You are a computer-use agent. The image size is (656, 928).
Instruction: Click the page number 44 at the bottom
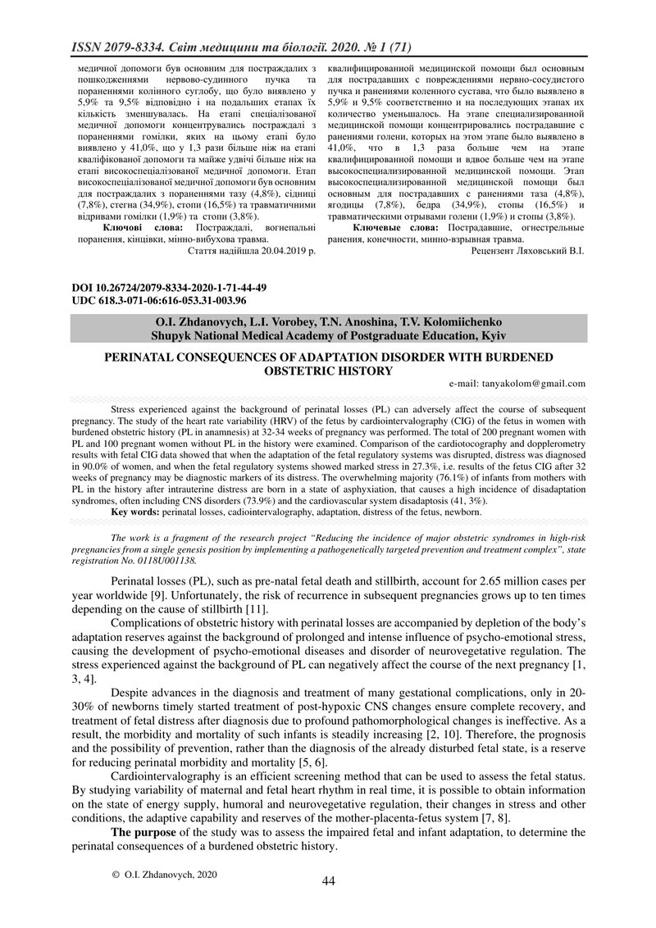click(x=329, y=880)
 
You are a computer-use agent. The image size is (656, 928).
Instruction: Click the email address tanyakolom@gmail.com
click(x=517, y=383)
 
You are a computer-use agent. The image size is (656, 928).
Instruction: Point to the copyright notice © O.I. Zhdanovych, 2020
click(x=164, y=875)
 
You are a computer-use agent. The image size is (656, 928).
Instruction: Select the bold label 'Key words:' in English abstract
click(x=136, y=512)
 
